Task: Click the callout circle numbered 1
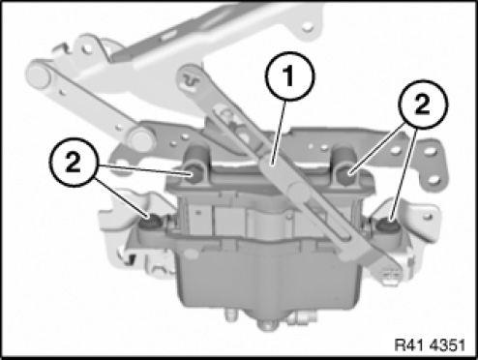click(289, 76)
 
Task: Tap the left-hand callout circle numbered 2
click(73, 163)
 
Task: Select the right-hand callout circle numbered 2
click(423, 105)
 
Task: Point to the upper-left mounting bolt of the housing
click(194, 175)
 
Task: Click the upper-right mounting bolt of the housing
click(346, 175)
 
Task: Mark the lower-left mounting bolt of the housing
click(149, 223)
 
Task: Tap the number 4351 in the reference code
click(447, 345)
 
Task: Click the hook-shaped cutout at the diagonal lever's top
click(191, 80)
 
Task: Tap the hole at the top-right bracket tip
click(308, 26)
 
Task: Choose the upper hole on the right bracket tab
click(429, 151)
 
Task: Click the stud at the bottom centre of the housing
click(267, 324)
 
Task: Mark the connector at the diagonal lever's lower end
click(391, 277)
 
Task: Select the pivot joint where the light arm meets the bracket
click(140, 139)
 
